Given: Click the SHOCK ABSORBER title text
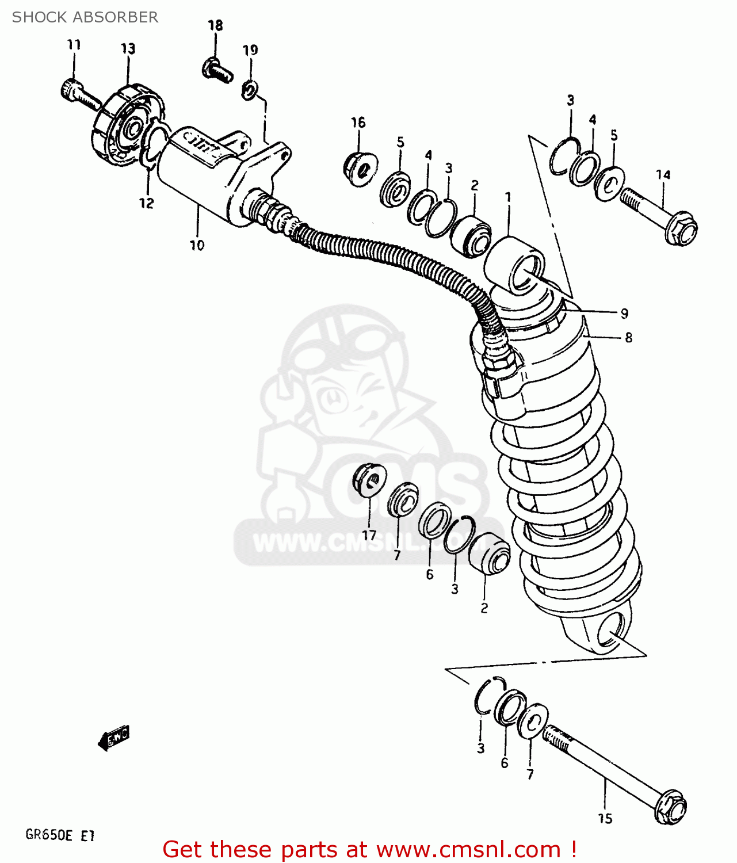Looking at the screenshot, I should tap(85, 17).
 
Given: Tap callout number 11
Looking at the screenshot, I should tap(74, 45).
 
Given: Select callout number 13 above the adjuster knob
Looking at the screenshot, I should tap(128, 48).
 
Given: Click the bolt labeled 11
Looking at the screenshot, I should tap(80, 96).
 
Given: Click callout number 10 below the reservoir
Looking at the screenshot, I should tap(197, 245).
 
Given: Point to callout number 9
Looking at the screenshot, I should tap(624, 314).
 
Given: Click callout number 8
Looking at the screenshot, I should tap(628, 338).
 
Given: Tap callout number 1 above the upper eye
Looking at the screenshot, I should tap(508, 197).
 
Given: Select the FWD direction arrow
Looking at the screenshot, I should tap(114, 737).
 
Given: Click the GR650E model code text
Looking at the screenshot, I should tap(49, 835).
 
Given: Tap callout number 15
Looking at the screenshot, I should tap(605, 818).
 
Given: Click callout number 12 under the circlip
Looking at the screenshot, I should tap(147, 203).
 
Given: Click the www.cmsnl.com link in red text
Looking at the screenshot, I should tap(468, 849).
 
